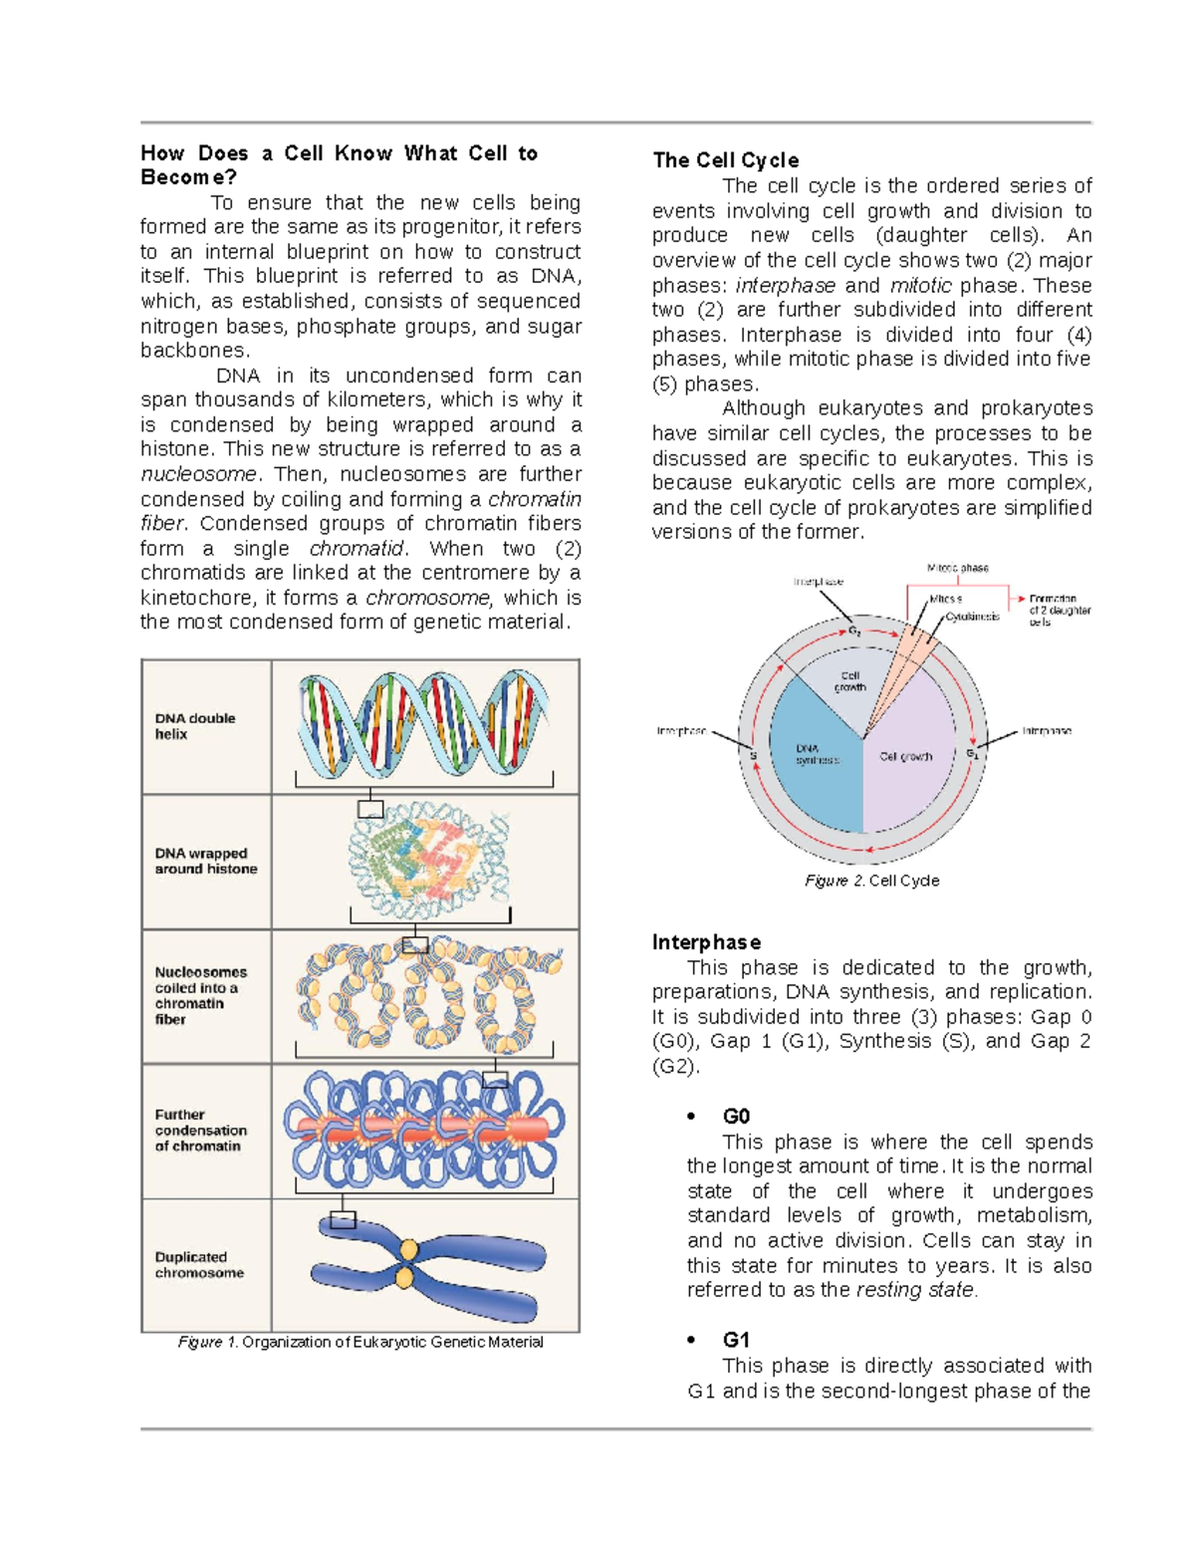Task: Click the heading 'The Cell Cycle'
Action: [x=725, y=160]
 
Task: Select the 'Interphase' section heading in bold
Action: [x=706, y=942]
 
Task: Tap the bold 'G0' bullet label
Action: [x=736, y=1117]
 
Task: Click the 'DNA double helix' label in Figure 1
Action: [x=195, y=726]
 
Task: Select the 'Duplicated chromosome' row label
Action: [x=199, y=1265]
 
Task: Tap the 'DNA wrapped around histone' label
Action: [x=205, y=861]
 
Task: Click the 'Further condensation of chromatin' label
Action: [x=200, y=1131]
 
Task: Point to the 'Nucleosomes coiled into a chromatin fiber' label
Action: [x=200, y=995]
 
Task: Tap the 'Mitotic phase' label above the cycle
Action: [x=958, y=568]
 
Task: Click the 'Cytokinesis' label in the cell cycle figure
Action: [x=973, y=617]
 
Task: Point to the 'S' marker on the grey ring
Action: [x=753, y=756]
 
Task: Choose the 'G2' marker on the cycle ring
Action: [x=854, y=632]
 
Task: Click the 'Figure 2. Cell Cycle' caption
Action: [x=871, y=881]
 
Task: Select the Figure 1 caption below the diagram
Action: [x=360, y=1343]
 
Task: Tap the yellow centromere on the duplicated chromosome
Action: [x=406, y=1263]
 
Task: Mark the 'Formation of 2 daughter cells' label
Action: [x=1059, y=611]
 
